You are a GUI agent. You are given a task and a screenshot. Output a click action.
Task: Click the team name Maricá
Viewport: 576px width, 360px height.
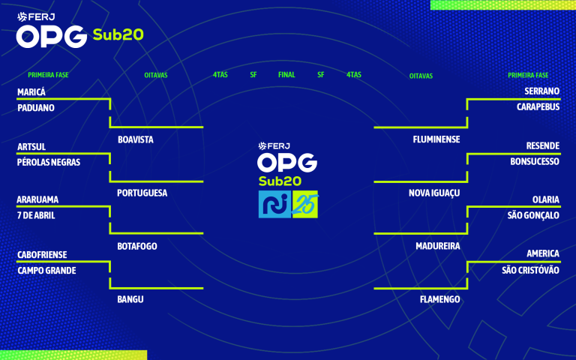click(31, 91)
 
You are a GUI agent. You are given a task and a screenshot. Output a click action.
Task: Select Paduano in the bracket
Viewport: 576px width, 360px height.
click(36, 107)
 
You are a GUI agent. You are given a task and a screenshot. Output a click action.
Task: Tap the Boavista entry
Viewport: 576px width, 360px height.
click(136, 139)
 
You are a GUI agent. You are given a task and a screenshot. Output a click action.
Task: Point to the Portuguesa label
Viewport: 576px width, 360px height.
click(142, 193)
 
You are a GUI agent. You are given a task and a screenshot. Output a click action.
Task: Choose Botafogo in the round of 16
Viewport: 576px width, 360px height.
click(138, 246)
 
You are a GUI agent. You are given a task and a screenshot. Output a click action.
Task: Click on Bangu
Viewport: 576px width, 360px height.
click(130, 299)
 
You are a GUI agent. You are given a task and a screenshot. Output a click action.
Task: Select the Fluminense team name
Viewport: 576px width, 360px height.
click(436, 139)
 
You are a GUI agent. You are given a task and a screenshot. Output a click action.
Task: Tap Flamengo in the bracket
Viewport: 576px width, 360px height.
click(439, 299)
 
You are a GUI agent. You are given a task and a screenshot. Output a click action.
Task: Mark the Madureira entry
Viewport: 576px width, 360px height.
click(437, 246)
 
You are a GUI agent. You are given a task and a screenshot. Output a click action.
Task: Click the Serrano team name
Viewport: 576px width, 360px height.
click(541, 91)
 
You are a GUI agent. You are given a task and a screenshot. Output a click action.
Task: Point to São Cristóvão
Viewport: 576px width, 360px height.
click(530, 270)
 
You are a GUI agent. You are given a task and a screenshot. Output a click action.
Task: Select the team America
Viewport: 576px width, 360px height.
click(542, 253)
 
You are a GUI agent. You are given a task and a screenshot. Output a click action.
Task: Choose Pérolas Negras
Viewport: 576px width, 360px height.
click(48, 162)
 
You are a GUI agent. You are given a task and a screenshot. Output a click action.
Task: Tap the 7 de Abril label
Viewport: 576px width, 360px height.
click(36, 215)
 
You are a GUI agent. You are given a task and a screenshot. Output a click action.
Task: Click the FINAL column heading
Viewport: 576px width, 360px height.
click(286, 75)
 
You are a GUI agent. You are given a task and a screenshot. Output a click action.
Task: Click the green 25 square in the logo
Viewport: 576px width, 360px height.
click(305, 205)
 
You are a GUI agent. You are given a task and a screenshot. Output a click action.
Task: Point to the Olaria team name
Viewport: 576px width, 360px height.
click(545, 199)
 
